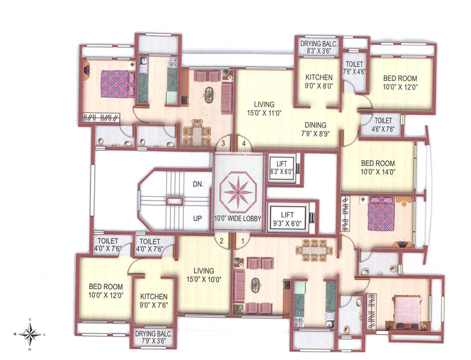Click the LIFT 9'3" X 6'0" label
coord(288,217)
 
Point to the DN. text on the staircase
coord(198,184)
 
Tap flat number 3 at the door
coord(223,144)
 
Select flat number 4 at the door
coord(243,144)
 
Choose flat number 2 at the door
coord(222,242)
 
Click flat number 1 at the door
coord(243,242)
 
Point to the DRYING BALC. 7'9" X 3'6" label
coord(153,337)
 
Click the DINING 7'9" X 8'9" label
coord(316,130)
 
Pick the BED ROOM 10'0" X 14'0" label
coord(378,168)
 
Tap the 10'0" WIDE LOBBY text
coord(238,218)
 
